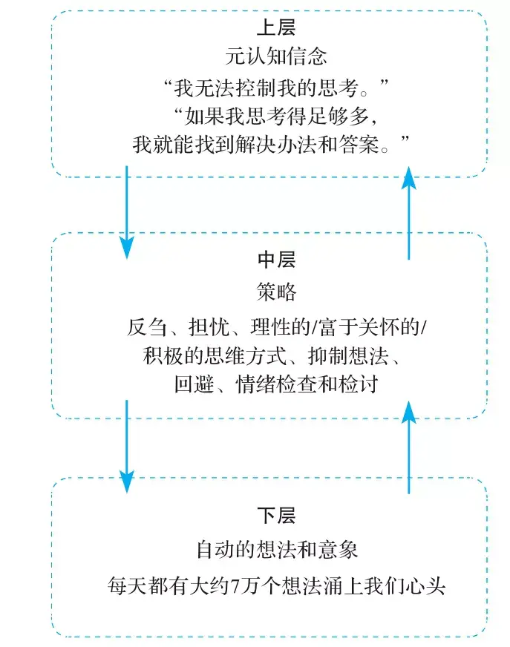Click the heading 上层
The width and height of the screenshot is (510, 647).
click(x=276, y=29)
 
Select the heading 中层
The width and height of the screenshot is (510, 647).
click(x=276, y=260)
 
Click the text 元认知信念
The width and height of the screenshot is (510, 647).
click(x=276, y=56)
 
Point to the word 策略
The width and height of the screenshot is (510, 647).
click(x=276, y=292)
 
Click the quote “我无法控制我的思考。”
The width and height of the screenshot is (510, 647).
click(x=276, y=87)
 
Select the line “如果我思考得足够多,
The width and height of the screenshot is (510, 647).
click(x=276, y=116)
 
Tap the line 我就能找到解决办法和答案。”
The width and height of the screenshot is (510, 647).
click(x=272, y=145)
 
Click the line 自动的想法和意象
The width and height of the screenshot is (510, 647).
click(x=276, y=551)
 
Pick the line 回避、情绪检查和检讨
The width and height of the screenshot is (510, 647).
click(x=276, y=385)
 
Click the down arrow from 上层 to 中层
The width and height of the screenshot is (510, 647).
click(x=127, y=211)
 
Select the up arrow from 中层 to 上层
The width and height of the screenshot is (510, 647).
click(x=409, y=211)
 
